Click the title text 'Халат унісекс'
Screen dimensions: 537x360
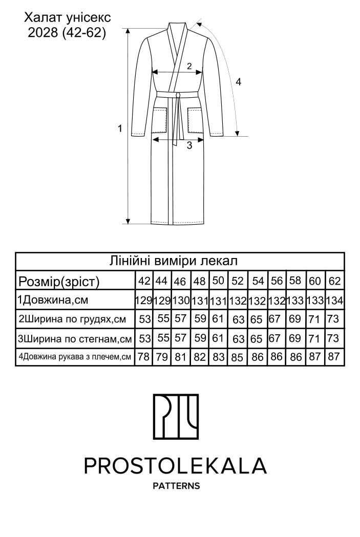coord(68,18)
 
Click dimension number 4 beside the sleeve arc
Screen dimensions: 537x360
coord(238,81)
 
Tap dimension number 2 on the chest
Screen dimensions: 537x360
coord(189,66)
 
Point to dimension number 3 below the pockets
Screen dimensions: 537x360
coord(189,145)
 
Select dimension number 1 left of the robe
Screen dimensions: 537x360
coord(120,128)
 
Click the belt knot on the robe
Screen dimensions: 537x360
coord(178,95)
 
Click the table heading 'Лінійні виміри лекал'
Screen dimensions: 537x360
coord(179,260)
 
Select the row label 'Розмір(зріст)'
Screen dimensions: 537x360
coord(59,281)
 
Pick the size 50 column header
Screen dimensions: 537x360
coord(218,281)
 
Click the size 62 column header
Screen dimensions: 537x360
coord(334,281)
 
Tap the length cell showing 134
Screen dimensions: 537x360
coord(334,300)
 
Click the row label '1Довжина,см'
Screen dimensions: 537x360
coord(50,300)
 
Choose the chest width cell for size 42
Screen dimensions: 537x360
coord(145,319)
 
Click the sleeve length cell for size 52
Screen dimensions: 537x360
coord(238,357)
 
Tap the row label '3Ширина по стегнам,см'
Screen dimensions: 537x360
coord(75,338)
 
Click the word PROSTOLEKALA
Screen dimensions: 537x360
coord(176,465)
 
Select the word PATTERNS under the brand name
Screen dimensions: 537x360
coord(176,485)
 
